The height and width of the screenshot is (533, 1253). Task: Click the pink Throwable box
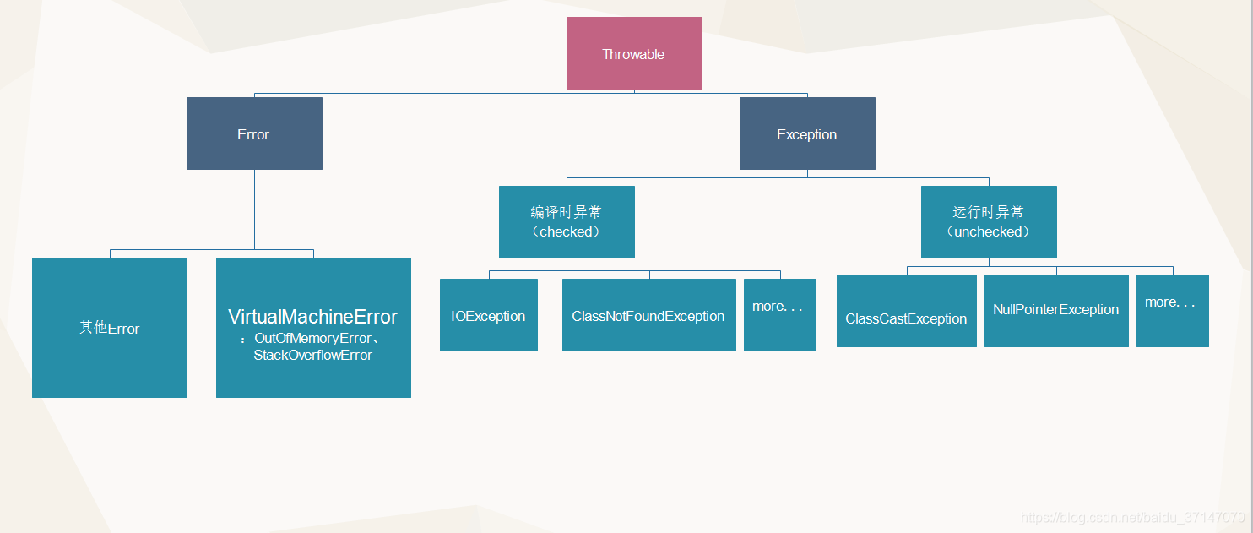click(634, 53)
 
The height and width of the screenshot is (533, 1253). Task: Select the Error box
click(254, 133)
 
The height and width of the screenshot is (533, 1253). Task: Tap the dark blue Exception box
click(807, 133)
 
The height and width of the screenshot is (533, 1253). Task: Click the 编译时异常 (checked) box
click(567, 221)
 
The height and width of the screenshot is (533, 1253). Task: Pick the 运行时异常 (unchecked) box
click(989, 221)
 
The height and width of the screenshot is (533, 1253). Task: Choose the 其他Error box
click(110, 328)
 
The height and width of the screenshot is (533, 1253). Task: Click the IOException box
click(489, 315)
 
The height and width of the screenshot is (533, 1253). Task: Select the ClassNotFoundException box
click(649, 315)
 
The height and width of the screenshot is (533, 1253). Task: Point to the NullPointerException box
click(1056, 310)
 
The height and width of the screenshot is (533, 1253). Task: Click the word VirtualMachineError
click(312, 317)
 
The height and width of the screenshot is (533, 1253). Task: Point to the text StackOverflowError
click(312, 356)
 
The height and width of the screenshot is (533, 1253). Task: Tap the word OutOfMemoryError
click(312, 339)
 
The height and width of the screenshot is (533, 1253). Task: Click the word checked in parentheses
click(567, 231)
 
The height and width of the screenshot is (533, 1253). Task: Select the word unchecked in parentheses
click(989, 231)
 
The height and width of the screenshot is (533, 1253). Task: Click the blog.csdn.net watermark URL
click(1132, 517)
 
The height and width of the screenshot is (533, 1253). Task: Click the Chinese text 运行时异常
click(989, 212)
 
